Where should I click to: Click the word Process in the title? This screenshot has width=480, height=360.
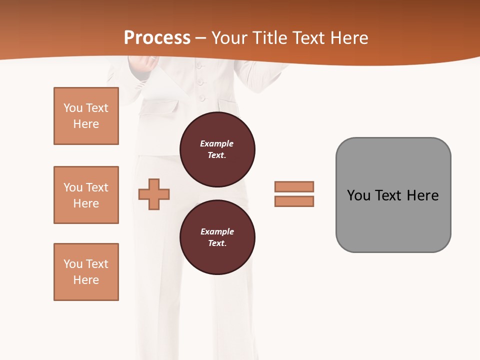pyautogui.click(x=157, y=38)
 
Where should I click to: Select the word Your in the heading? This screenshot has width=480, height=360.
pyautogui.click(x=230, y=38)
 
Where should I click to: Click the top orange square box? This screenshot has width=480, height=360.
pyautogui.click(x=86, y=116)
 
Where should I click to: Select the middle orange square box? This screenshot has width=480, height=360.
pyautogui.click(x=86, y=195)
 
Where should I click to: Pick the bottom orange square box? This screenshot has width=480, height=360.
pyautogui.click(x=86, y=271)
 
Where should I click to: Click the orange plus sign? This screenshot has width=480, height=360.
pyautogui.click(x=154, y=194)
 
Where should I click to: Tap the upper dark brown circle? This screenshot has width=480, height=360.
pyautogui.click(x=217, y=149)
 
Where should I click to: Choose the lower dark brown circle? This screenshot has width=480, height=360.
pyautogui.click(x=217, y=237)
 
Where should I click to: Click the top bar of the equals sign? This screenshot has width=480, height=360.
pyautogui.click(x=294, y=186)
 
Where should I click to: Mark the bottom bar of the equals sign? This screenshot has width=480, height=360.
pyautogui.click(x=294, y=201)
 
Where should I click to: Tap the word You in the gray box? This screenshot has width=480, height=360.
pyautogui.click(x=359, y=195)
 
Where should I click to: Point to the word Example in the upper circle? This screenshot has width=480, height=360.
pyautogui.click(x=217, y=143)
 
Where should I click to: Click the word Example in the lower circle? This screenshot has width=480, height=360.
pyautogui.click(x=217, y=231)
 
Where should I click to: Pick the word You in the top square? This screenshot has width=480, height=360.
pyautogui.click(x=73, y=108)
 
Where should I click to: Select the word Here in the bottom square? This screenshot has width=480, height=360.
pyautogui.click(x=86, y=280)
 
